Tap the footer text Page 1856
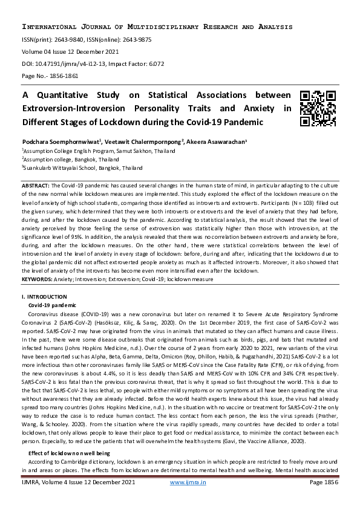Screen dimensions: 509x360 pyautogui.click(x=323, y=482)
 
